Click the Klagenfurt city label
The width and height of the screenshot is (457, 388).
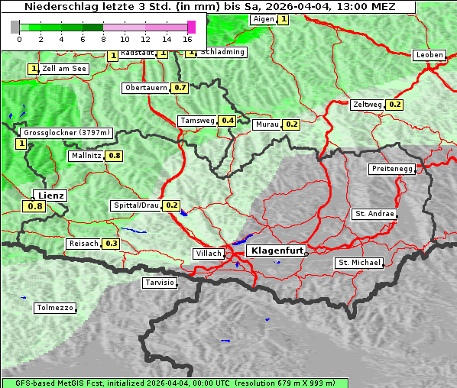coord(277,251)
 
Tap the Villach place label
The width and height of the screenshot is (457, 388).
coord(208,254)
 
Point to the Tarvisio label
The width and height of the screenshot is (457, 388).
coord(160,283)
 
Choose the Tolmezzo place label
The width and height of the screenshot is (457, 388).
coord(55,309)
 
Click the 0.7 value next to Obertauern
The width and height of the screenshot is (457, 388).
coord(180,88)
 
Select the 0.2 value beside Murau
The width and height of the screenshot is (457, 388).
coord(291,124)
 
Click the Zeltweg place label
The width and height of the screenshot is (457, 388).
coord(368,105)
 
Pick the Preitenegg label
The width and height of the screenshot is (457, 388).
coord(392,169)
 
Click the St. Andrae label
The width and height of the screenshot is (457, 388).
coord(374,214)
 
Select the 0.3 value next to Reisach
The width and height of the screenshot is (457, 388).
coord(112,244)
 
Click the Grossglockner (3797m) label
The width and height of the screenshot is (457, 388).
coord(66,133)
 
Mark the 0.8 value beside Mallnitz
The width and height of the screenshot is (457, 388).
coord(115,156)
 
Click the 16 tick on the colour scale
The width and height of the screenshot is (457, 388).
coord(187,38)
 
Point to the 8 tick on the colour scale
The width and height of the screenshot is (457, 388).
coord(103,38)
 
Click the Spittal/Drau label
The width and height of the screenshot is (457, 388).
coord(135,205)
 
